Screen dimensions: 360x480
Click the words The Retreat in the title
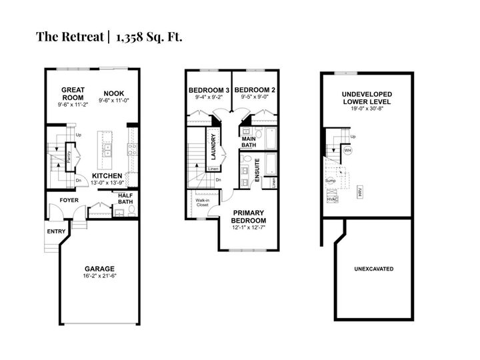(67, 36)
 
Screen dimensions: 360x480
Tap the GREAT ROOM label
(71, 93)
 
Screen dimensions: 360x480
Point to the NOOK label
(113, 93)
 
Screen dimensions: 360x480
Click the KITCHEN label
(107, 176)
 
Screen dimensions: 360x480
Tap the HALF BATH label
(125, 198)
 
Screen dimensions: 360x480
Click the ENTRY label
(56, 231)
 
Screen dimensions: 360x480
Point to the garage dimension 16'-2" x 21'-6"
(99, 275)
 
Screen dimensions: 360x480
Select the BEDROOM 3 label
(209, 90)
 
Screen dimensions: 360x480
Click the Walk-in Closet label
(202, 202)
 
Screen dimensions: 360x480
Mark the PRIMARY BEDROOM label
(249, 217)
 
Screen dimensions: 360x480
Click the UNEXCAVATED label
(373, 269)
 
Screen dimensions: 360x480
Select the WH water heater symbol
(347, 150)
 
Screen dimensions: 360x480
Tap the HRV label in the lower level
(359, 190)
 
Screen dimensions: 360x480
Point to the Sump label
(330, 180)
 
